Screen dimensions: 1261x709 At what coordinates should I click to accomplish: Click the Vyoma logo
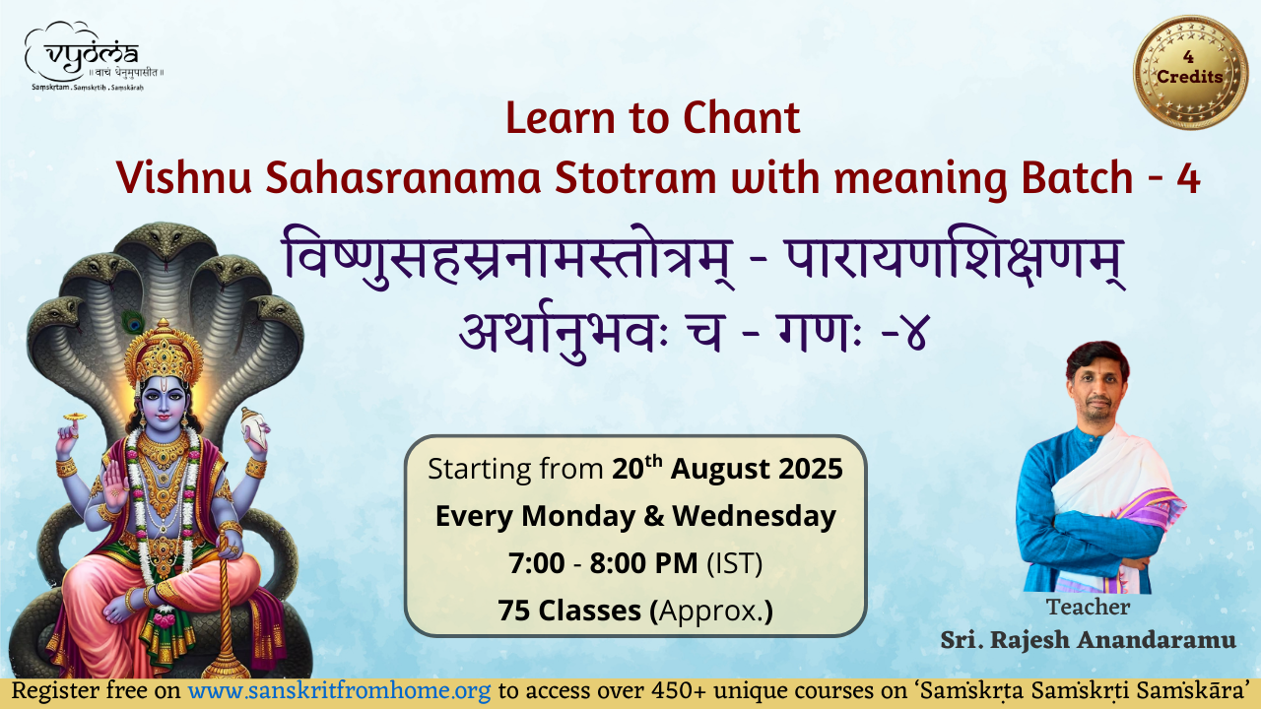pyautogui.click(x=94, y=56)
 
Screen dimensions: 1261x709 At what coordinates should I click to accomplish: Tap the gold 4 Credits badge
pyautogui.click(x=1191, y=72)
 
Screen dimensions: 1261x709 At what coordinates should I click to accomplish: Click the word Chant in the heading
pyautogui.click(x=741, y=118)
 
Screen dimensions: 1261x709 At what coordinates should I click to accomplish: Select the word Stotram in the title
pyautogui.click(x=635, y=178)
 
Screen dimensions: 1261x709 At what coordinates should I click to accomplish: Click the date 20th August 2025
pyautogui.click(x=727, y=469)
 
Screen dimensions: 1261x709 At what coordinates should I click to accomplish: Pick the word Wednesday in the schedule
pyautogui.click(x=755, y=516)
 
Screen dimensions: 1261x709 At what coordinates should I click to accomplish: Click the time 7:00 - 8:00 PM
pyautogui.click(x=603, y=563)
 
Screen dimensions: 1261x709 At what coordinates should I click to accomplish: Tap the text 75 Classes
pyautogui.click(x=569, y=611)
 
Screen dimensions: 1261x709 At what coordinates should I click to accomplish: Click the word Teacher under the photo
pyautogui.click(x=1088, y=608)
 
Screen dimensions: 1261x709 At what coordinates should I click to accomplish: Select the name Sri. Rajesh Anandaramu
pyautogui.click(x=1089, y=640)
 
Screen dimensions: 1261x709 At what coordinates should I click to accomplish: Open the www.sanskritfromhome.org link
pyautogui.click(x=340, y=691)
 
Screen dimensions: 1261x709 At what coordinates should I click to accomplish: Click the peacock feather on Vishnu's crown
pyautogui.click(x=133, y=322)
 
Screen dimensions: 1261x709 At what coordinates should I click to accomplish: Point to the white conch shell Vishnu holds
pyautogui.click(x=253, y=427)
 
